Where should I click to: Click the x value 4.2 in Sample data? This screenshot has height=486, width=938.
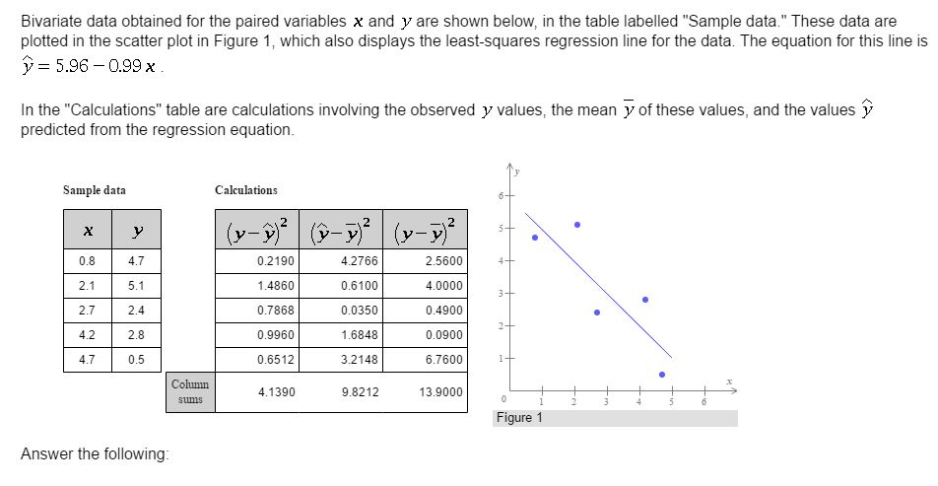[87, 334]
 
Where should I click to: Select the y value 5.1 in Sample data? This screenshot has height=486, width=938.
[137, 285]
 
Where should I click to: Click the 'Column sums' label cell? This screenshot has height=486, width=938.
[190, 391]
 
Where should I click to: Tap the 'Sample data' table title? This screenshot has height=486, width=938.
[95, 189]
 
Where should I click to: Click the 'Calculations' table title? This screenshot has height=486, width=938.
[246, 189]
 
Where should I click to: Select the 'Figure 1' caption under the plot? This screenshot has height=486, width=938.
[519, 418]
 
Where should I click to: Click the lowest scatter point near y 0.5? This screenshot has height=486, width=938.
[662, 375]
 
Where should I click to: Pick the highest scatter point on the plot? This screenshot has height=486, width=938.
[577, 225]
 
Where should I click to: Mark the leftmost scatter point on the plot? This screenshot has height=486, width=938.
[535, 238]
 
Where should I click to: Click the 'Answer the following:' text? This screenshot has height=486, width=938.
[95, 453]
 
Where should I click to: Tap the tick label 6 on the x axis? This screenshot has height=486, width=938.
[703, 400]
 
